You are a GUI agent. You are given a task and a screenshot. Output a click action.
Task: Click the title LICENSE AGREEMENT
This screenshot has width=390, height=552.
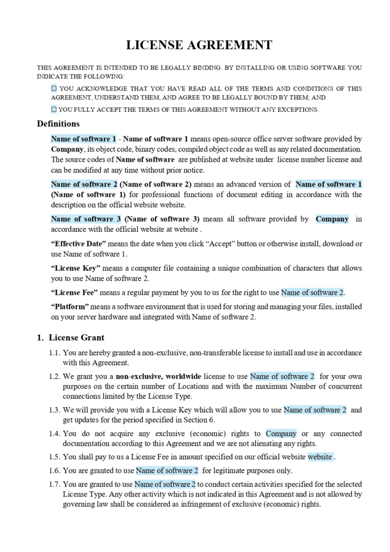[x=199, y=45]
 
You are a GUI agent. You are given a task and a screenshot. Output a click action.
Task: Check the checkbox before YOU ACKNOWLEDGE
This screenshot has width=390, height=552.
[x=54, y=88]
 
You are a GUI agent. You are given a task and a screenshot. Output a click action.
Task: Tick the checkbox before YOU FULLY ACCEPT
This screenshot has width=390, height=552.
[x=54, y=109]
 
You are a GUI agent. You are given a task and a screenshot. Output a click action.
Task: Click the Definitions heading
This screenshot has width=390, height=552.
[x=58, y=124]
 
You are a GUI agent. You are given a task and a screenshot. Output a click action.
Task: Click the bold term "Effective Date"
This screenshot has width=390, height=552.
[x=78, y=244]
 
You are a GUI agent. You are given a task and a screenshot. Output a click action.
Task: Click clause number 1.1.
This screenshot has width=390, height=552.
[x=53, y=353]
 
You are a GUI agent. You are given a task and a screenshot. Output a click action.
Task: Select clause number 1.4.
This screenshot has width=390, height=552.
[x=53, y=433]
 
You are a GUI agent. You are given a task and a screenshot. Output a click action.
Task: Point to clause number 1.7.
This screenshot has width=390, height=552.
[x=53, y=484]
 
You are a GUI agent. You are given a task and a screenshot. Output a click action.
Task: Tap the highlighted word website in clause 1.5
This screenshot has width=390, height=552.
[x=320, y=457]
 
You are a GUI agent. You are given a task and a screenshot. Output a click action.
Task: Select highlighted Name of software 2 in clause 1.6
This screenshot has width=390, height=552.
[x=167, y=470]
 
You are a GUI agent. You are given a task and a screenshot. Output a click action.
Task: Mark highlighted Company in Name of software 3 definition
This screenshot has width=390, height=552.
[x=332, y=219]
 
